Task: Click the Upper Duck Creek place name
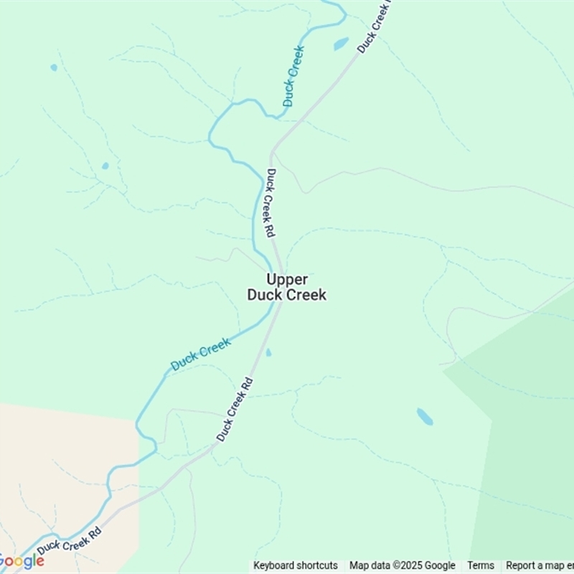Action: [x=287, y=287]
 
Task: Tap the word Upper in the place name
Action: [x=287, y=279]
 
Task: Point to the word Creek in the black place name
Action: [x=306, y=295]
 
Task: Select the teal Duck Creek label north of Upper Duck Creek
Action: [x=293, y=76]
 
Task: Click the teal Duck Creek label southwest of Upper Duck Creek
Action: [x=201, y=354]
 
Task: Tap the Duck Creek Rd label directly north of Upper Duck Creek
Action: [x=271, y=204]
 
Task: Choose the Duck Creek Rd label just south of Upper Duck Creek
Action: [x=235, y=409]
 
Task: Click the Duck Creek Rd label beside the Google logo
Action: [x=69, y=541]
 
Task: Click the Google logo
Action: [x=22, y=561]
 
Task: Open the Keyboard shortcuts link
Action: [x=296, y=565]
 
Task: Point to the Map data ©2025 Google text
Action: [x=403, y=565]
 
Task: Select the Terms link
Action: [x=481, y=565]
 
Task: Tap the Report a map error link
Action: [x=540, y=565]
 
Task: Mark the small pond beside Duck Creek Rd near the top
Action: [x=341, y=44]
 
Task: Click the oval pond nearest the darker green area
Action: [x=425, y=417]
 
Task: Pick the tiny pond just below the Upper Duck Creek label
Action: [x=268, y=352]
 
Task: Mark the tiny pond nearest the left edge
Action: [x=54, y=67]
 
